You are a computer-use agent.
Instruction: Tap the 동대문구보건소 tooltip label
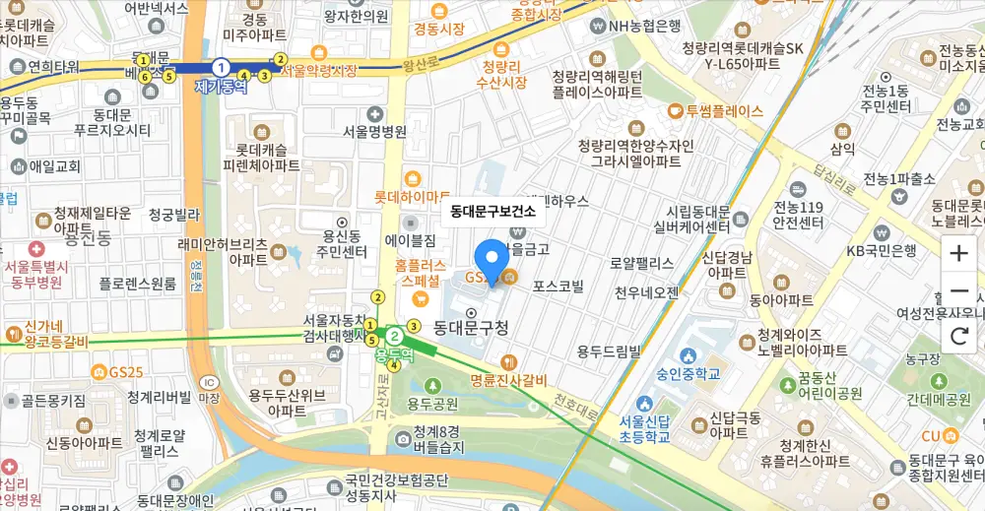492,211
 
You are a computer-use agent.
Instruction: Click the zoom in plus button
958,253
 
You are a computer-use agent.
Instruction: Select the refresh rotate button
958,336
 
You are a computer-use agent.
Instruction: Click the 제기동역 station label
221,87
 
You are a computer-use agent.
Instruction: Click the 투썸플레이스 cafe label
724,111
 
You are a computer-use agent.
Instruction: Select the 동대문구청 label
471,326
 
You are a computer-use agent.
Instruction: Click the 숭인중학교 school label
689,374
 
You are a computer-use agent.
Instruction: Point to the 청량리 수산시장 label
503,74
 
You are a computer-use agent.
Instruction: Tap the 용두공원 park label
431,404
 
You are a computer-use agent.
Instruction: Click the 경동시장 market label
438,29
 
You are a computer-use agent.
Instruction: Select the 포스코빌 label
558,287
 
